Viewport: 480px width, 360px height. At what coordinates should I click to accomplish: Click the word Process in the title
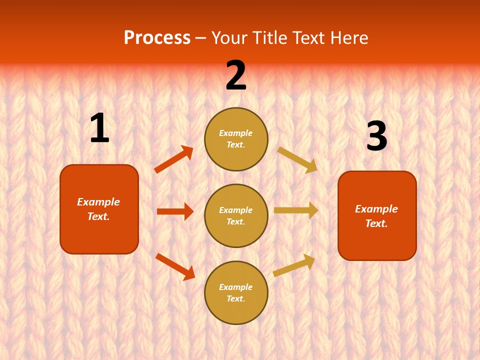tap(157, 38)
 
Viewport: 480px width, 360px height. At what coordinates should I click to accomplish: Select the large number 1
tap(99, 128)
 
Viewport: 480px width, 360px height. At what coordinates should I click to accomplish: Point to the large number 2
tap(236, 75)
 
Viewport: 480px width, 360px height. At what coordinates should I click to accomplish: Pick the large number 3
tap(376, 136)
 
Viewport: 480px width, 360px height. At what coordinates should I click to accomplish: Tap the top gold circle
tap(236, 139)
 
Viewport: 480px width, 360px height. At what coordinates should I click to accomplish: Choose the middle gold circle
tap(236, 215)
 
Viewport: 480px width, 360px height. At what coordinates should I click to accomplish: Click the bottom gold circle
tap(236, 292)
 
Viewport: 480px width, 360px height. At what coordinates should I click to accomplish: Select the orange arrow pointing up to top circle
tap(173, 159)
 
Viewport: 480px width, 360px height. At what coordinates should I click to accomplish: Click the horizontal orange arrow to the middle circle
tap(175, 211)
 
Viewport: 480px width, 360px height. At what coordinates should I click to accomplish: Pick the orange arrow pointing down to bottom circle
tap(175, 266)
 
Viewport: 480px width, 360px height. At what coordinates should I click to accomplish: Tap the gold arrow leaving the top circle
tap(297, 159)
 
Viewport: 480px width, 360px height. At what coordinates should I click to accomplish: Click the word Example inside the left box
tap(98, 202)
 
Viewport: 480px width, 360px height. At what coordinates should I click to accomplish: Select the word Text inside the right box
tap(376, 223)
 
